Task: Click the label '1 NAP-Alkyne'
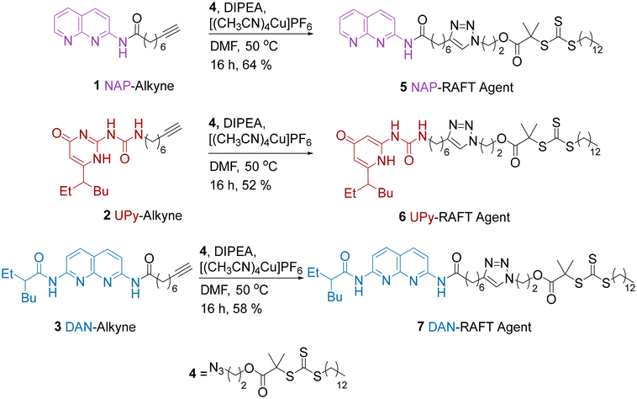click(134, 86)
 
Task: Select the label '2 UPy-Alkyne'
click(143, 215)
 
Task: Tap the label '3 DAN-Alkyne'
click(95, 327)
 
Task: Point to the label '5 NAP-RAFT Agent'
click(456, 87)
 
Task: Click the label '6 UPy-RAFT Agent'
click(454, 217)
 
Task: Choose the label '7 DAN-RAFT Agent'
click(474, 327)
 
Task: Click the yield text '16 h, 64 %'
click(241, 65)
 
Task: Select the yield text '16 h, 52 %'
click(240, 185)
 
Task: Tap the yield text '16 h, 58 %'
click(231, 309)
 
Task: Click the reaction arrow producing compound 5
click(261, 35)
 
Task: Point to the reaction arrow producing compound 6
click(261, 153)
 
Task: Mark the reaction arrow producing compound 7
click(251, 278)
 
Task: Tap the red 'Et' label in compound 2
click(66, 191)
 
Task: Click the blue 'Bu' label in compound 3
click(29, 298)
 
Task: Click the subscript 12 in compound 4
click(342, 384)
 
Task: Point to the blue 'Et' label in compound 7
click(313, 273)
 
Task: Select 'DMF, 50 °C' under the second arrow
click(244, 167)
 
